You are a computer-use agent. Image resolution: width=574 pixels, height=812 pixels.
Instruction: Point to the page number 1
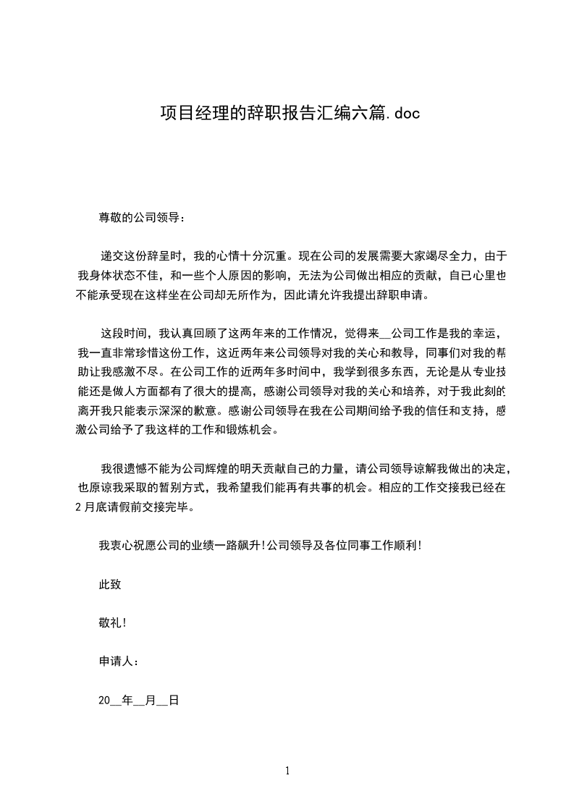click(x=287, y=771)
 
